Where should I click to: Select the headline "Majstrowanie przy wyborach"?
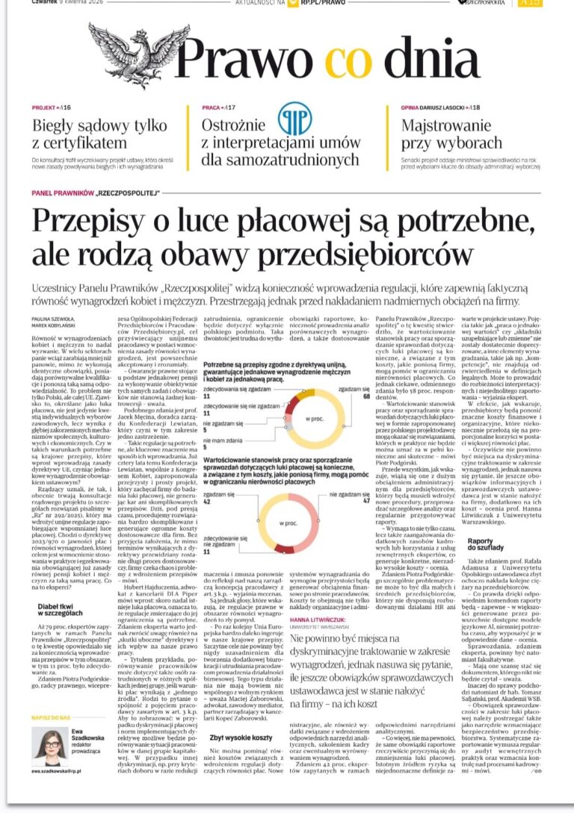pos(451,134)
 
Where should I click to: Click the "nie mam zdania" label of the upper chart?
pos(222,440)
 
